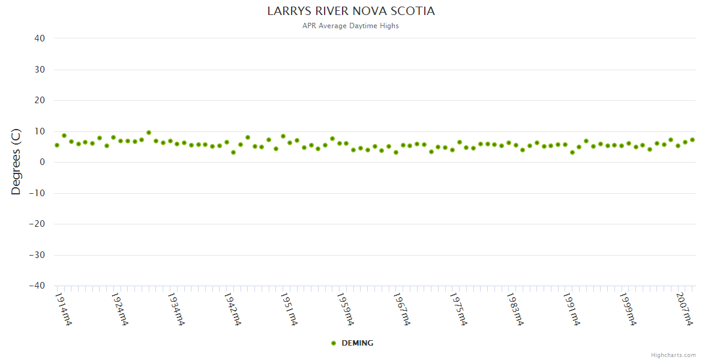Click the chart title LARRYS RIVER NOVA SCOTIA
coord(351,11)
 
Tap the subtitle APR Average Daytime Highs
coord(351,26)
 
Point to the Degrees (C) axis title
coord(16,161)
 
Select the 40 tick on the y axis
coord(40,38)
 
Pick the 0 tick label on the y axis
coord(42,162)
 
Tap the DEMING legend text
coord(357,343)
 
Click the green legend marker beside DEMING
coord(334,343)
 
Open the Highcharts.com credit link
coord(673,355)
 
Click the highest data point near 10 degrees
coord(149,133)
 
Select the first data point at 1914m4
coord(57,145)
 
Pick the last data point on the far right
coord(692,140)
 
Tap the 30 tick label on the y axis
coord(40,70)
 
